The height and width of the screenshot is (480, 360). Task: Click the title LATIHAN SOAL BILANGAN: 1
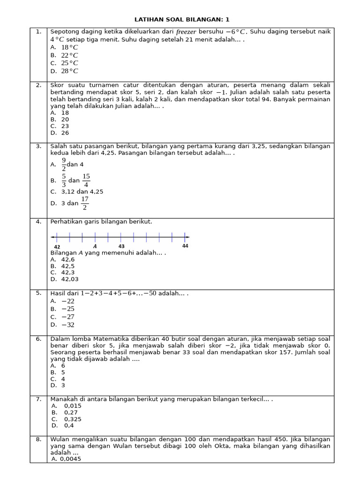(182, 20)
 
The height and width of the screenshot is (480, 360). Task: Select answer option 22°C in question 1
(69, 55)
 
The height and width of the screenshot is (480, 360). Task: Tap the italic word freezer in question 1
(187, 32)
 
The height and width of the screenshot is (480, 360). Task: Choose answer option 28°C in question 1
(69, 71)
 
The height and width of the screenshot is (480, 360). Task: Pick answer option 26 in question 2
(65, 133)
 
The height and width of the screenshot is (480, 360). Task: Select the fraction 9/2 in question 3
(64, 165)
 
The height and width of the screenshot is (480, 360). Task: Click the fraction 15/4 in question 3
(86, 180)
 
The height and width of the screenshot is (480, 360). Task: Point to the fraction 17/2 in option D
(84, 203)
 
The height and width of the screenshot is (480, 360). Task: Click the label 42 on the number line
(57, 247)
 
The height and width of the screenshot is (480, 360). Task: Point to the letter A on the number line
(95, 246)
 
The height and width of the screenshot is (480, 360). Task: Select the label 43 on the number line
(121, 246)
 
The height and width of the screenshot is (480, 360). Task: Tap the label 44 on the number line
(185, 246)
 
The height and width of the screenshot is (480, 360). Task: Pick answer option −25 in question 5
(68, 309)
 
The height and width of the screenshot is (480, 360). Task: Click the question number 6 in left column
(38, 339)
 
